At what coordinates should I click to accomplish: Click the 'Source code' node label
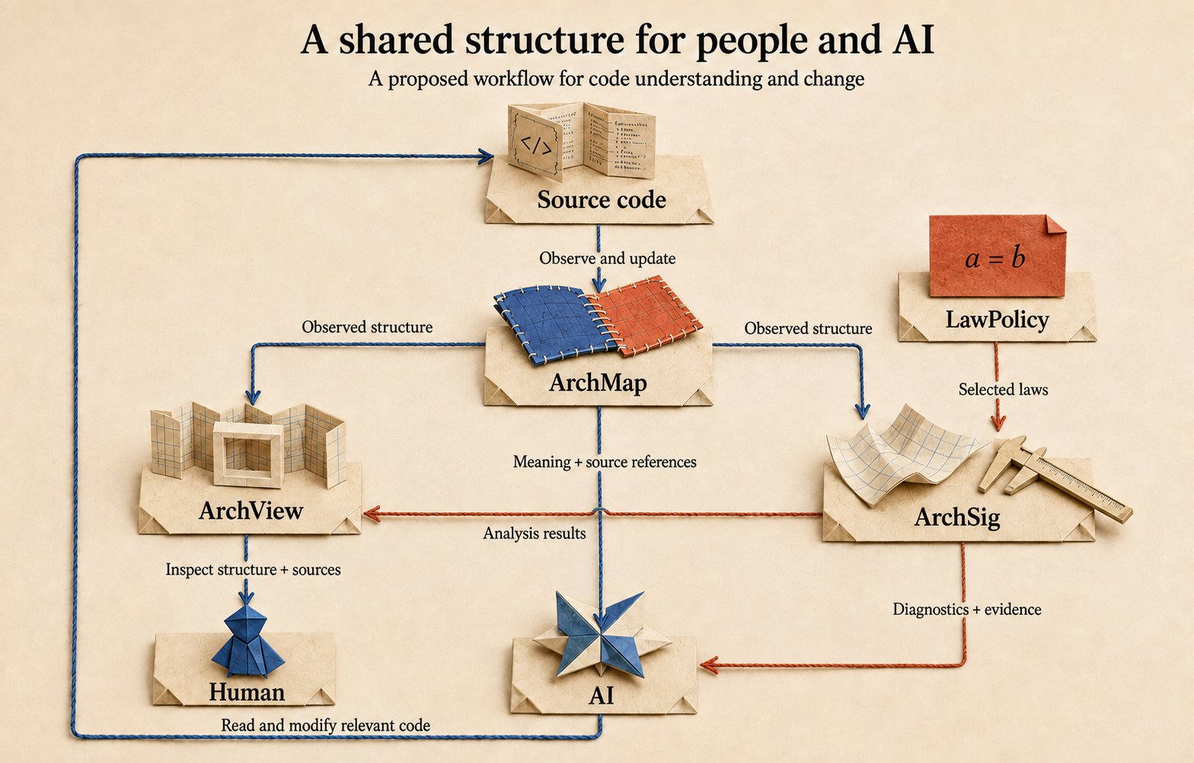point(602,199)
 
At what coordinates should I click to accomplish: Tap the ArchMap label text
point(598,383)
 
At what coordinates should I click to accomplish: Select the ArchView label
point(251,511)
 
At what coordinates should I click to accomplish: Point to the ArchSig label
point(956,517)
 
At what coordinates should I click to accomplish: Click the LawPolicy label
point(998,320)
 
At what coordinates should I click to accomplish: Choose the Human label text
point(247,692)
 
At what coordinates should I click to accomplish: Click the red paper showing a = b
point(998,256)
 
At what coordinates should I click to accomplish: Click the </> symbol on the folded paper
point(536,145)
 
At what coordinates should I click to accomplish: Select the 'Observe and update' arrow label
point(607,258)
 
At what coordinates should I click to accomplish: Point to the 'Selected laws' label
point(1003,389)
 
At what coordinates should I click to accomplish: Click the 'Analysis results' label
point(534,533)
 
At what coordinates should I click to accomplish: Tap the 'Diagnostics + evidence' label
point(967,609)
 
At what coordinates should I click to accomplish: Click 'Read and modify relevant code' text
point(325,725)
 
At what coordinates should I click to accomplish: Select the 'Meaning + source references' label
point(605,462)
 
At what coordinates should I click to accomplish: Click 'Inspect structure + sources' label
point(253,569)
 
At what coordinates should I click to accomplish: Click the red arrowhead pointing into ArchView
point(371,514)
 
